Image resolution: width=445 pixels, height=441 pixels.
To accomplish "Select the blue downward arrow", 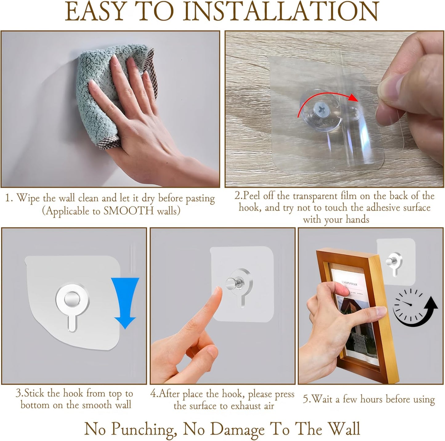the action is click(x=125, y=303).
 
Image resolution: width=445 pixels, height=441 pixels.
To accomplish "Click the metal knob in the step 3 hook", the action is click(x=72, y=300).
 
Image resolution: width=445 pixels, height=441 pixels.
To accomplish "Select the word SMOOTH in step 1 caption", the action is click(x=128, y=211).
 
